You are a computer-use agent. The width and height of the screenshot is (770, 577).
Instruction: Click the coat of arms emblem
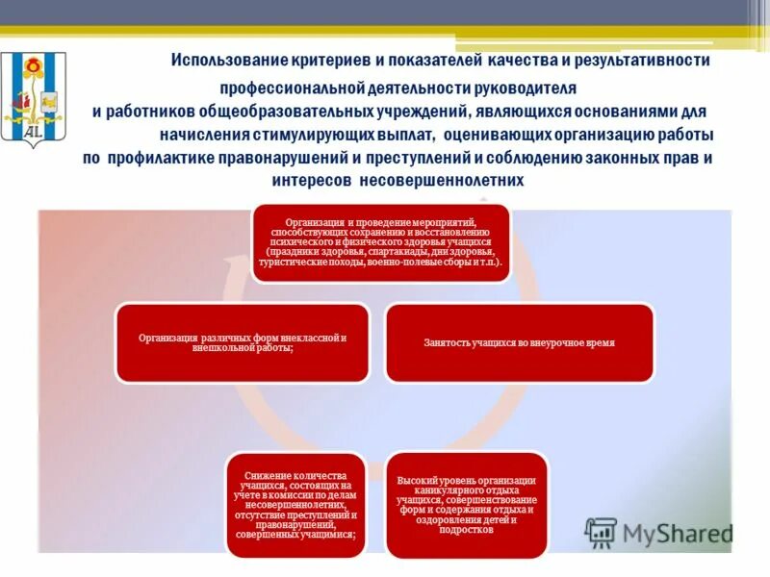[34, 96]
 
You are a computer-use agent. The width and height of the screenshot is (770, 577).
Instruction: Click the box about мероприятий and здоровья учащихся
[381, 242]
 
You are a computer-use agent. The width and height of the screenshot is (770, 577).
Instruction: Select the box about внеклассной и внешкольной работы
[242, 342]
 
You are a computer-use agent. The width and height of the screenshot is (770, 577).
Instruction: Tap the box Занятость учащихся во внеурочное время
[519, 342]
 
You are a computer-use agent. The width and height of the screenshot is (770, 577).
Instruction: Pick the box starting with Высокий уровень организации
[466, 505]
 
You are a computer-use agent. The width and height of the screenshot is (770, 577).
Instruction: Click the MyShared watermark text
[677, 533]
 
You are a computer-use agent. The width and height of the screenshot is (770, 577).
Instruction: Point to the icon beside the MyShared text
[602, 533]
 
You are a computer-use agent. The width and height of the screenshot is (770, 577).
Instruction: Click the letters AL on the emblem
[33, 131]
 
